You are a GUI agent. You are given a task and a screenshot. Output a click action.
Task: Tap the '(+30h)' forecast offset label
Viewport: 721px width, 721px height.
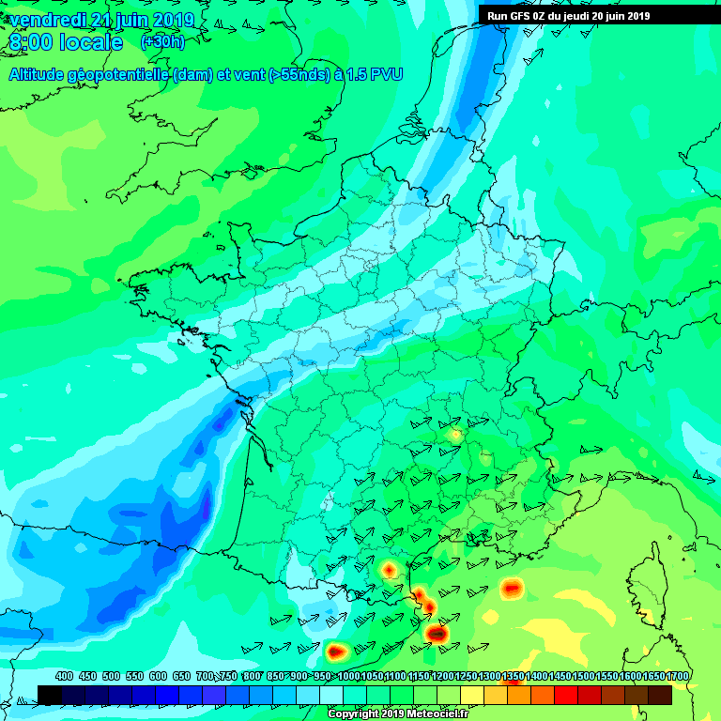point(162,41)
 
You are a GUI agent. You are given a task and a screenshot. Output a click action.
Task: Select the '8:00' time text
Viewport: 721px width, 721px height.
point(32,42)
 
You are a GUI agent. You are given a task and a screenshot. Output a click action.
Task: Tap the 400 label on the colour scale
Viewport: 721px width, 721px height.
point(65,676)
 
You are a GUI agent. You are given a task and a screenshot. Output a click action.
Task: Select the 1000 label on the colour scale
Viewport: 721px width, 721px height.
point(346,676)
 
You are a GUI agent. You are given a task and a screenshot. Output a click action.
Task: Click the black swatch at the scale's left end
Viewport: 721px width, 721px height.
point(50,694)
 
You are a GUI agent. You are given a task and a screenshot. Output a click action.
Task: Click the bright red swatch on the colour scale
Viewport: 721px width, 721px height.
point(566,694)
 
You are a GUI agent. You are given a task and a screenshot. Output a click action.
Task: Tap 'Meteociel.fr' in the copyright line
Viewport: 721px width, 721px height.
point(437,714)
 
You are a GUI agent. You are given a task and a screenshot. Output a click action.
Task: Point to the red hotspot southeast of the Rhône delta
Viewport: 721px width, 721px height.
point(512,589)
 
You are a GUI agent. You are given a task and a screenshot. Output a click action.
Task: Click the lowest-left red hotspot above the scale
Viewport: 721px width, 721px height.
point(336,650)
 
